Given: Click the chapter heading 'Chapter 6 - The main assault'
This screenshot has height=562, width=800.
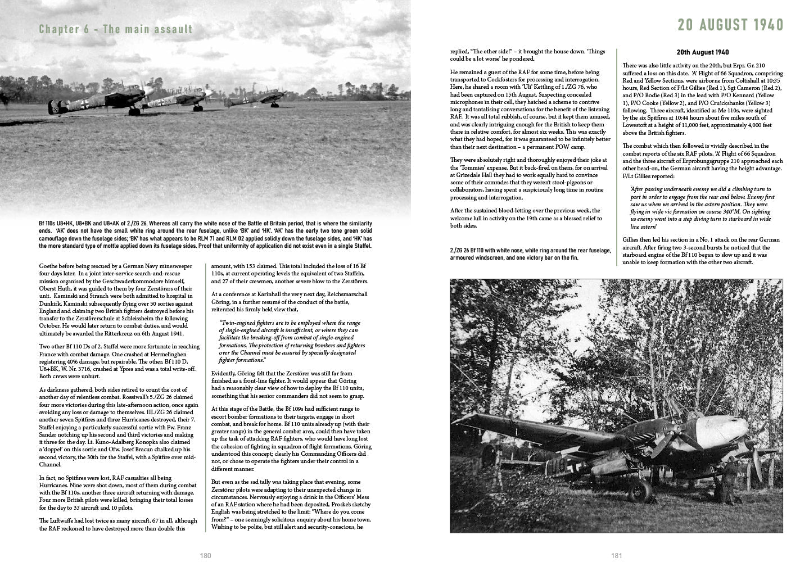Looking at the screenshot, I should (x=116, y=29).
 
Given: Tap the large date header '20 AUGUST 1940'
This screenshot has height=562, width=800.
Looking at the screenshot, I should (x=730, y=26).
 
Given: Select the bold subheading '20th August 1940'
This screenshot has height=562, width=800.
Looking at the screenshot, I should (x=702, y=52).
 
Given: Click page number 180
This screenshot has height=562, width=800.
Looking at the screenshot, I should (x=205, y=555).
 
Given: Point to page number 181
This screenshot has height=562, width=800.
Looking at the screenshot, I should (x=616, y=555).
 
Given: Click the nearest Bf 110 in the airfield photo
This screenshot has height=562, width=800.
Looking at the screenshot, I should (x=96, y=104).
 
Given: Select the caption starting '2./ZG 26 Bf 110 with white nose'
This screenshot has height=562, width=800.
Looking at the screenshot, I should (x=530, y=254).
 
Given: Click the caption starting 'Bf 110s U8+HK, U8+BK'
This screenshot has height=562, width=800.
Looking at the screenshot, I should (x=205, y=235).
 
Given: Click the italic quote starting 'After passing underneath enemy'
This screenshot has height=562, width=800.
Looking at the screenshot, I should (x=702, y=208).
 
